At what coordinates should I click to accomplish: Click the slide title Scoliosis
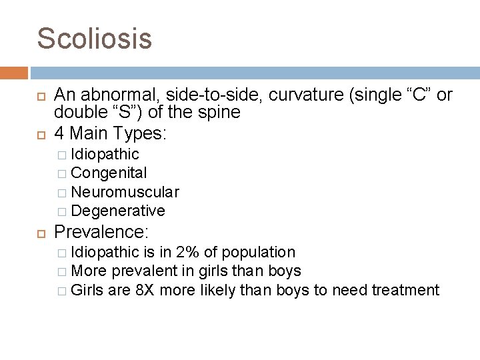pos(95,38)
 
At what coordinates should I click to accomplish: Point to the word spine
pos(219,113)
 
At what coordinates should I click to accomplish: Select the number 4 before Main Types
pos(59,133)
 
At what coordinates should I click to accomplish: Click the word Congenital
pos(109,173)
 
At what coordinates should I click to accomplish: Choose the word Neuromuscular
pos(125,192)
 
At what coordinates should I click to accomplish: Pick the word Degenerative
pos(117,211)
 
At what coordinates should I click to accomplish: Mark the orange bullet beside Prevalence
pos(41,233)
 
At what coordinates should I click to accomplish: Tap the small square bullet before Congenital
pos(61,173)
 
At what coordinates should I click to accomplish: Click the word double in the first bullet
pos(76,113)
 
